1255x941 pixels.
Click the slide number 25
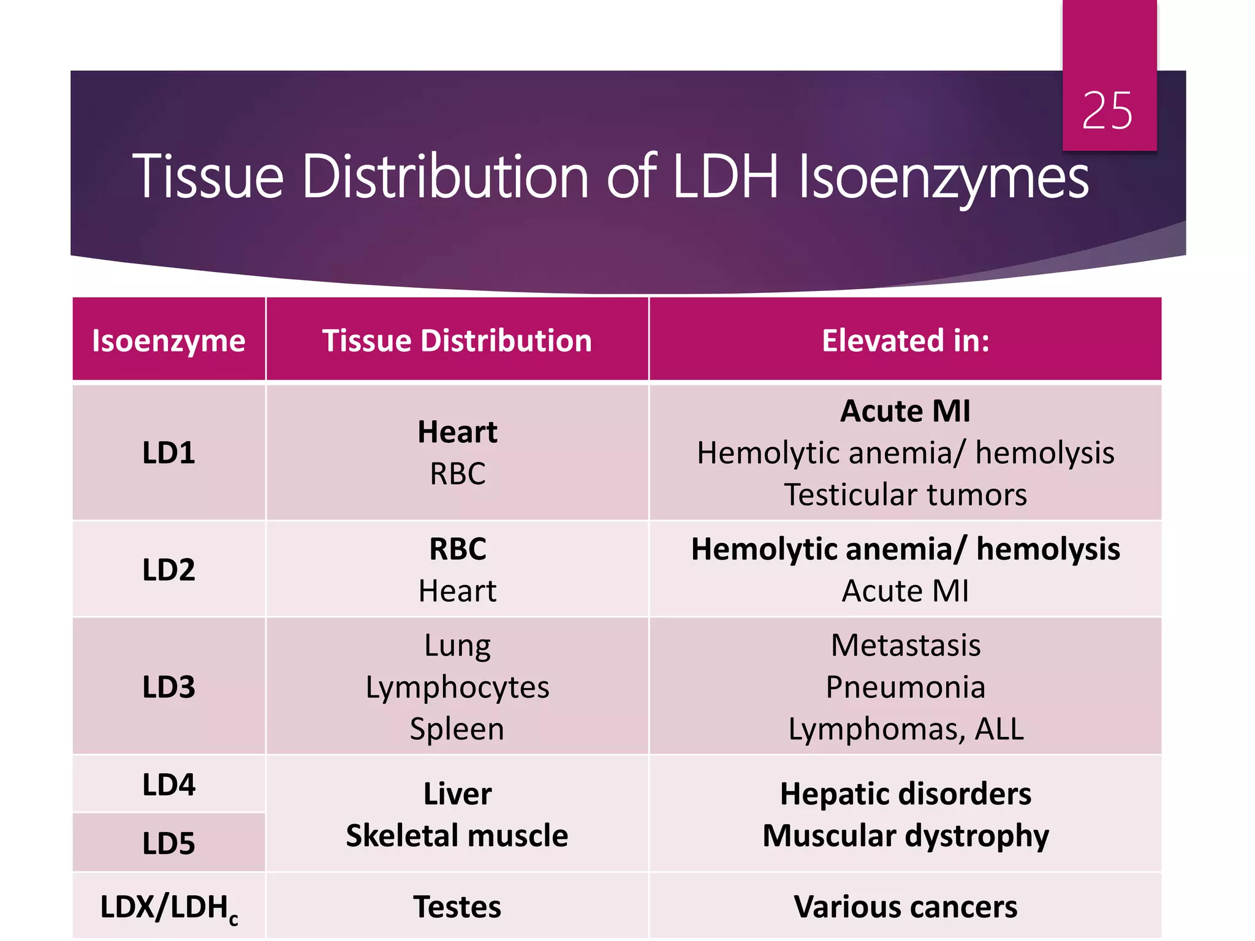[1107, 111]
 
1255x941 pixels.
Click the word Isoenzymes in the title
[944, 178]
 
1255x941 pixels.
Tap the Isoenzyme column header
[169, 341]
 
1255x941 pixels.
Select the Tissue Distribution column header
[457, 341]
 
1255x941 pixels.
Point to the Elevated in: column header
[905, 341]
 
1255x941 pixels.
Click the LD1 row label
[169, 453]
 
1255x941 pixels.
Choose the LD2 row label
[169, 570]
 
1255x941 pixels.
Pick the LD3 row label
[169, 687]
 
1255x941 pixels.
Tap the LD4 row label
[169, 785]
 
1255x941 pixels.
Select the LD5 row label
[169, 843]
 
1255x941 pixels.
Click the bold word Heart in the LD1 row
[457, 432]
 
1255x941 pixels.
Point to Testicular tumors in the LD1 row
[905, 494]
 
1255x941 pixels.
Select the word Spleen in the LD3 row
[457, 729]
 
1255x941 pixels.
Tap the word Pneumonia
[905, 687]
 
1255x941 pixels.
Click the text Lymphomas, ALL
[905, 729]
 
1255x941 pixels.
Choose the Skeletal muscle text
[457, 836]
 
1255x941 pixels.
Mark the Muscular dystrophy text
[905, 836]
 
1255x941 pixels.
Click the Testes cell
[457, 907]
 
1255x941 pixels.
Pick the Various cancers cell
[905, 907]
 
